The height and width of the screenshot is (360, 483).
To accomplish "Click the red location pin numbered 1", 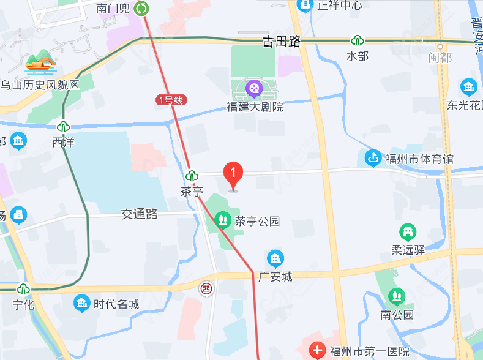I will (233, 175).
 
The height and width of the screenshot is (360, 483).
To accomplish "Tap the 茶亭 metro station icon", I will (192, 176).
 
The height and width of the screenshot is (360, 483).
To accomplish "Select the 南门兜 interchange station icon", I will (142, 8).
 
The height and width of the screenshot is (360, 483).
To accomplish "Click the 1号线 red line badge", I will (170, 100).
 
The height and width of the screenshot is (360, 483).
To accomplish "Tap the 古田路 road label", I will (282, 42).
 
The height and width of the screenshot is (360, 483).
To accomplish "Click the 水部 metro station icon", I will (357, 41).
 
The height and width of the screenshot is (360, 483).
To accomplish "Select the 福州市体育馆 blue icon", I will (372, 159).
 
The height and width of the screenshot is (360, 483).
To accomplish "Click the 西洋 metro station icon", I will (62, 127).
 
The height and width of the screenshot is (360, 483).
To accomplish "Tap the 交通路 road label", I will (140, 214).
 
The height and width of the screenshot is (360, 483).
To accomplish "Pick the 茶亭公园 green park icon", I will (222, 219).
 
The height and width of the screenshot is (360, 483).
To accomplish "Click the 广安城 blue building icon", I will (275, 258).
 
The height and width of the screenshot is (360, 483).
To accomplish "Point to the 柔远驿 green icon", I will (408, 232).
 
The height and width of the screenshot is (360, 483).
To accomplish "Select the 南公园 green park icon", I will (397, 297).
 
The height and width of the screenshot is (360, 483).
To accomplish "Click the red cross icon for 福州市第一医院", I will (318, 351).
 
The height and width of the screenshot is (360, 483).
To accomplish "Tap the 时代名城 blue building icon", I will (81, 302).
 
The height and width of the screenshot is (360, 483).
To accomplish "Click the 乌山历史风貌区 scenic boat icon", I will (40, 61).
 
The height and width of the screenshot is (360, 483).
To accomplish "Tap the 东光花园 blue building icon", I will (469, 87).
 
